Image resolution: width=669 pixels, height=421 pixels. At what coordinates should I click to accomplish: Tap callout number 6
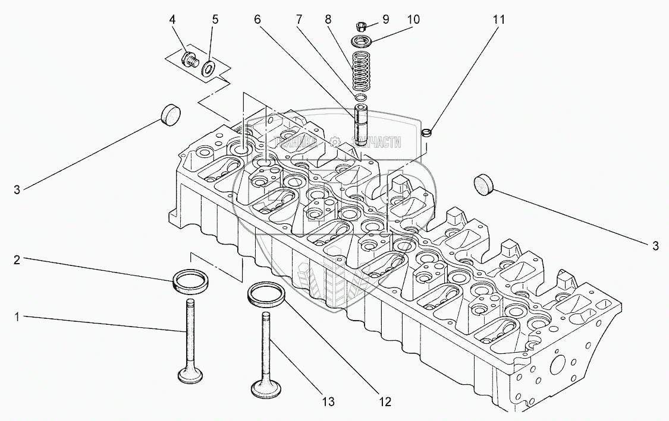click(x=257, y=20)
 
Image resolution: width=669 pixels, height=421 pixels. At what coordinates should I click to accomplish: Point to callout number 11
click(x=498, y=20)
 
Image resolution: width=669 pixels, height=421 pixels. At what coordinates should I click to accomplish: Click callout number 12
click(x=385, y=403)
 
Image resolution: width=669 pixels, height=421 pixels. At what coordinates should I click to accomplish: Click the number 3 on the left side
click(x=17, y=190)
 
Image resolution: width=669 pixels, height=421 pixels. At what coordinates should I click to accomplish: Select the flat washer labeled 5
click(x=209, y=67)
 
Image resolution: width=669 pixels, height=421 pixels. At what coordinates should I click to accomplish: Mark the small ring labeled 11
click(x=426, y=132)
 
